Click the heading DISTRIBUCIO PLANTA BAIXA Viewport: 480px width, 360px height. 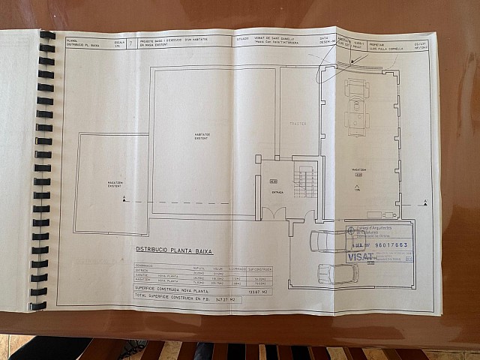(x=174, y=250)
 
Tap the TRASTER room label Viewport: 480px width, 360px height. (x=298, y=123)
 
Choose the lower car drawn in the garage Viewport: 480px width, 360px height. (x=337, y=273)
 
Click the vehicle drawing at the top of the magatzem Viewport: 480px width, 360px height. (x=355, y=104)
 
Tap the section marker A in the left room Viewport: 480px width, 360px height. (x=124, y=198)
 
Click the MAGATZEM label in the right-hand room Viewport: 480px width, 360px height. (x=359, y=169)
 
